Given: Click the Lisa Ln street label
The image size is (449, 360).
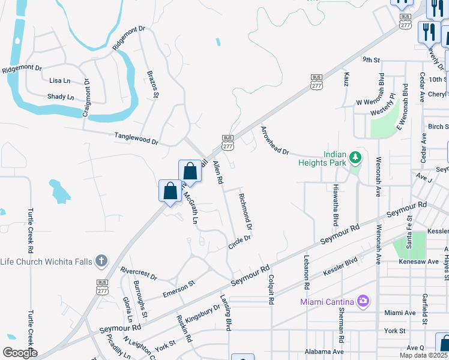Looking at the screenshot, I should pyautogui.click(x=60, y=80).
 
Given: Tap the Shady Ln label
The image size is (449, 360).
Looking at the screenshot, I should pyautogui.click(x=61, y=97).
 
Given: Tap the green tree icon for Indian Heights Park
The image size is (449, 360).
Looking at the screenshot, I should pyautogui.click(x=356, y=158).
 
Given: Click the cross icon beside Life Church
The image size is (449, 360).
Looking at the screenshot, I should pyautogui.click(x=101, y=261).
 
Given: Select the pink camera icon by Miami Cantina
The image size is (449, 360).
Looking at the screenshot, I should pyautogui.click(x=363, y=301).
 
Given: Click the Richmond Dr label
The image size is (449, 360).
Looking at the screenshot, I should pyautogui.click(x=245, y=211).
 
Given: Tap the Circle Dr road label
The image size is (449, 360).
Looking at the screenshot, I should pyautogui.click(x=239, y=242).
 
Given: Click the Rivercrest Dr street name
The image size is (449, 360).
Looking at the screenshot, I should pyautogui.click(x=139, y=274).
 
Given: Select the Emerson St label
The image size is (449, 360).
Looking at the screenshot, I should pyautogui.click(x=179, y=289).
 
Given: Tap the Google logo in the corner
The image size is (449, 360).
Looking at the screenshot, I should pyautogui.click(x=20, y=353).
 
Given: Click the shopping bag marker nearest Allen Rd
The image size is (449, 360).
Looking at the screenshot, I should pyautogui.click(x=190, y=171).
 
